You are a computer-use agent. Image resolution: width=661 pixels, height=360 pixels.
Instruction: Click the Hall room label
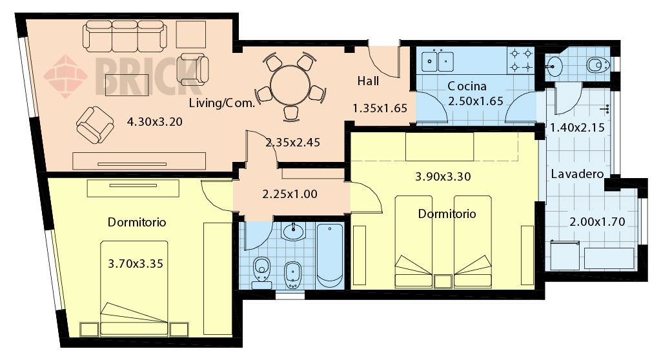tap(368, 81)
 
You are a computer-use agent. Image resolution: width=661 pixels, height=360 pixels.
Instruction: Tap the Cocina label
tap(467, 86)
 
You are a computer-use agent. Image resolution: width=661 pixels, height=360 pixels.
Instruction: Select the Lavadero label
tap(577, 174)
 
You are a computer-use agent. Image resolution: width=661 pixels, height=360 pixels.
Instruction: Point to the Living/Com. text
tap(222, 103)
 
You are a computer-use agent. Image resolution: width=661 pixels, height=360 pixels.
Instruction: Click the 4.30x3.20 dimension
tap(155, 122)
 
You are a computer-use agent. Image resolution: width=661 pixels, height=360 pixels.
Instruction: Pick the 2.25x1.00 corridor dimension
tap(290, 194)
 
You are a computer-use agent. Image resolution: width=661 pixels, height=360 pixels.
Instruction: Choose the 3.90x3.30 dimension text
tap(443, 176)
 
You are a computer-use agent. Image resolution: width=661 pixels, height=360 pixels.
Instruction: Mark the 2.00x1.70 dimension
tap(597, 222)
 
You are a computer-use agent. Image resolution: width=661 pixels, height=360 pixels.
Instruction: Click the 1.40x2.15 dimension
tap(577, 127)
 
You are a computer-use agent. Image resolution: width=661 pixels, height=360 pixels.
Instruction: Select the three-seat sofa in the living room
tap(125, 35)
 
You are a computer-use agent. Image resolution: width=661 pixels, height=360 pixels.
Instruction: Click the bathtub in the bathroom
tap(330, 256)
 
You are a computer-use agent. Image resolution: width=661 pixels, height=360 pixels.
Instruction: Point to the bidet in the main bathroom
tap(292, 275)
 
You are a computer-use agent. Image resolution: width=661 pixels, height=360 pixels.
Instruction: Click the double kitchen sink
tap(437, 61)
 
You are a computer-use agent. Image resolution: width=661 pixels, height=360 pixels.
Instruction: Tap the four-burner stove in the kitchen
tap(521, 60)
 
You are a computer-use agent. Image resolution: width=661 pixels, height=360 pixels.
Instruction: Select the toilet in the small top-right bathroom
tap(598, 65)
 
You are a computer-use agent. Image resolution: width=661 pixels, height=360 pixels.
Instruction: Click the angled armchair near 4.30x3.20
tap(95, 125)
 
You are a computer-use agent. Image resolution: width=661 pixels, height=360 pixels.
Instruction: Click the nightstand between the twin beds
tap(443, 281)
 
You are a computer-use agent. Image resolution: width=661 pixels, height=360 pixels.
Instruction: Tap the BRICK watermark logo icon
tap(65, 76)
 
